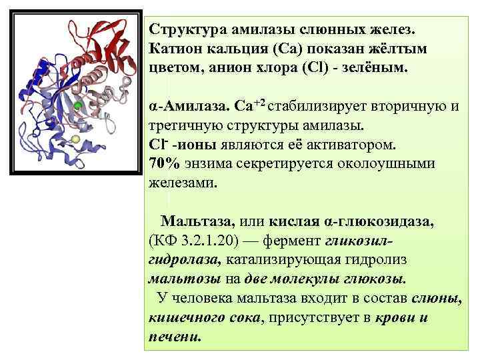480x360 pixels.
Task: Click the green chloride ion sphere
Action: tap(77, 106)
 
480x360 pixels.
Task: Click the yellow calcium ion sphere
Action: tap(75, 139)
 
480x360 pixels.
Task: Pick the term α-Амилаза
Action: tap(187, 107)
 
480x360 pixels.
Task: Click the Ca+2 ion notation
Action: tap(251, 105)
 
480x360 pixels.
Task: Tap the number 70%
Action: tap(164, 164)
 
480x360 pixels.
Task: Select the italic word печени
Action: tap(173, 336)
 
